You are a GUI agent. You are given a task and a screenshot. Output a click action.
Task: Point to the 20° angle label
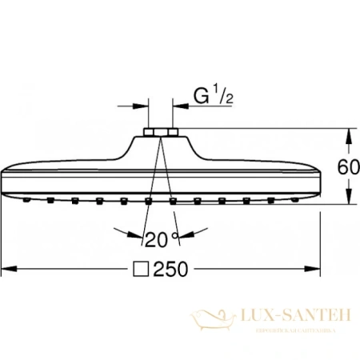click(x=159, y=238)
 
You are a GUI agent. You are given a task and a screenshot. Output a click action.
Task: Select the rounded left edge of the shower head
click(x=6, y=178)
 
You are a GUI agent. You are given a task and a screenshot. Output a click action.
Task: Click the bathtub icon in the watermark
click(x=215, y=320)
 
